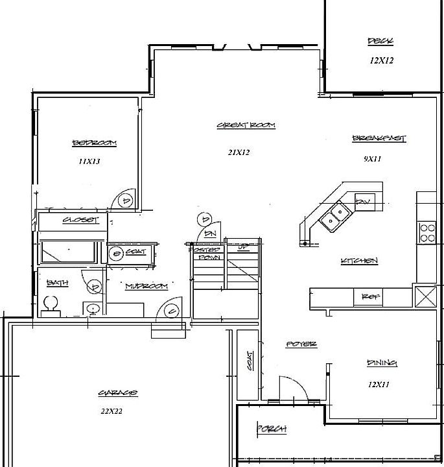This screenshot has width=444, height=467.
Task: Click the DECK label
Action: pos(380,42)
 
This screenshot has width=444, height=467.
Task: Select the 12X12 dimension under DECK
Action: pos(382,60)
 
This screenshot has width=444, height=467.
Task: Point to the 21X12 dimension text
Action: pos(239,152)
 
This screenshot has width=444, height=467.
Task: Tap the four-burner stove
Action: pos(427,232)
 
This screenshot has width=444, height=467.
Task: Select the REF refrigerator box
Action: pos(370,296)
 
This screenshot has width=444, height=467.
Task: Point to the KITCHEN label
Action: pos(359,261)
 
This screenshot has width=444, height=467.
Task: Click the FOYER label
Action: pos(301,344)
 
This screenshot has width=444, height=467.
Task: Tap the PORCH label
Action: pos(272,429)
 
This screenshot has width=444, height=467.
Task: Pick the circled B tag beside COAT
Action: pos(117,252)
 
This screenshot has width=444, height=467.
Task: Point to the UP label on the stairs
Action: pos(244,247)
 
